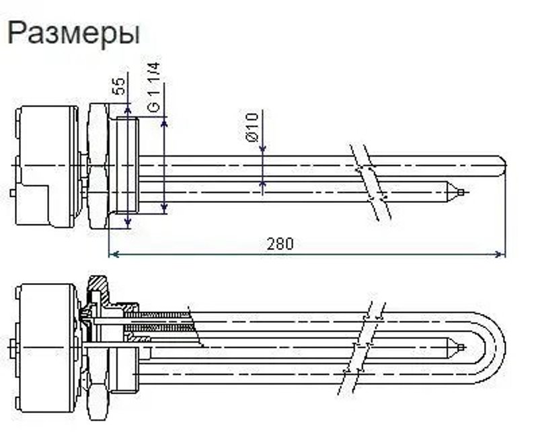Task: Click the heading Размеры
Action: [73, 32]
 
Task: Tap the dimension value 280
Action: [280, 243]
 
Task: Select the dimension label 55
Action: [119, 85]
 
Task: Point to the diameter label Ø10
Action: [253, 127]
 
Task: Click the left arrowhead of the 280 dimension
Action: [113, 254]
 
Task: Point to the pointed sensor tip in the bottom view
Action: [459, 348]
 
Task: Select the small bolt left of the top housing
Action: [13, 193]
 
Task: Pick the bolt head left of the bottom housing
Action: [13, 350]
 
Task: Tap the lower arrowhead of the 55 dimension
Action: [128, 223]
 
